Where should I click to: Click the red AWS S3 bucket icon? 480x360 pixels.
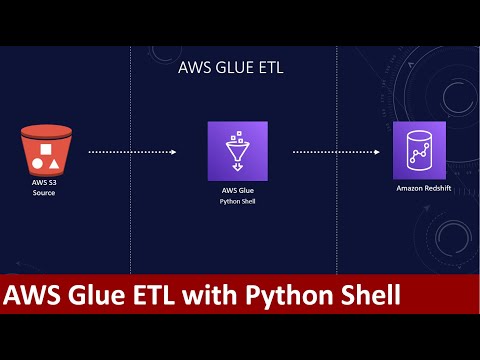click(45, 149)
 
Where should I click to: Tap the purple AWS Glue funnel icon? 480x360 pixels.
click(237, 150)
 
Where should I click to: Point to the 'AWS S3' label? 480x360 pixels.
click(45, 183)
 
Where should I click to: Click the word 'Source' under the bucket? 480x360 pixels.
click(45, 193)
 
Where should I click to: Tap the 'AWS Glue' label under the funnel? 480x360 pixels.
click(238, 189)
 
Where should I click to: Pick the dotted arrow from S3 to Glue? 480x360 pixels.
click(132, 152)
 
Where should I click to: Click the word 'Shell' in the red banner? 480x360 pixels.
click(370, 296)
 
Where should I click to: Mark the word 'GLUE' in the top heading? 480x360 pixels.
click(232, 69)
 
